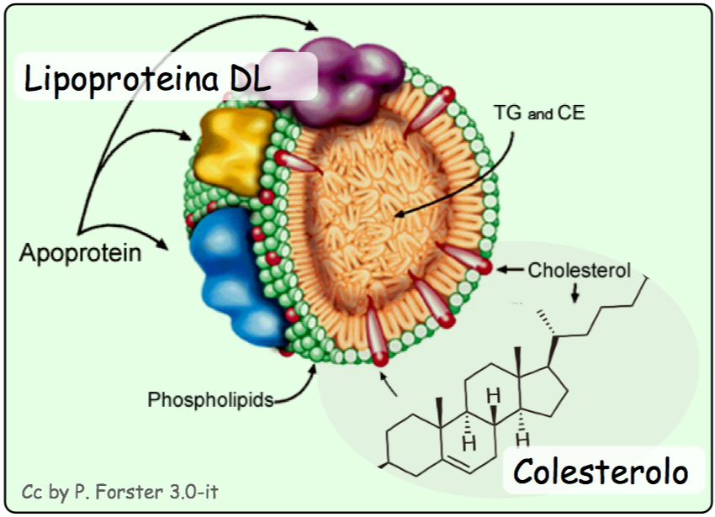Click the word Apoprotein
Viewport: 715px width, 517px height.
[x=81, y=252]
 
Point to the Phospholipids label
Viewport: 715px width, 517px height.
[x=210, y=398]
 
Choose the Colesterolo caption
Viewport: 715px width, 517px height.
[x=601, y=471]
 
